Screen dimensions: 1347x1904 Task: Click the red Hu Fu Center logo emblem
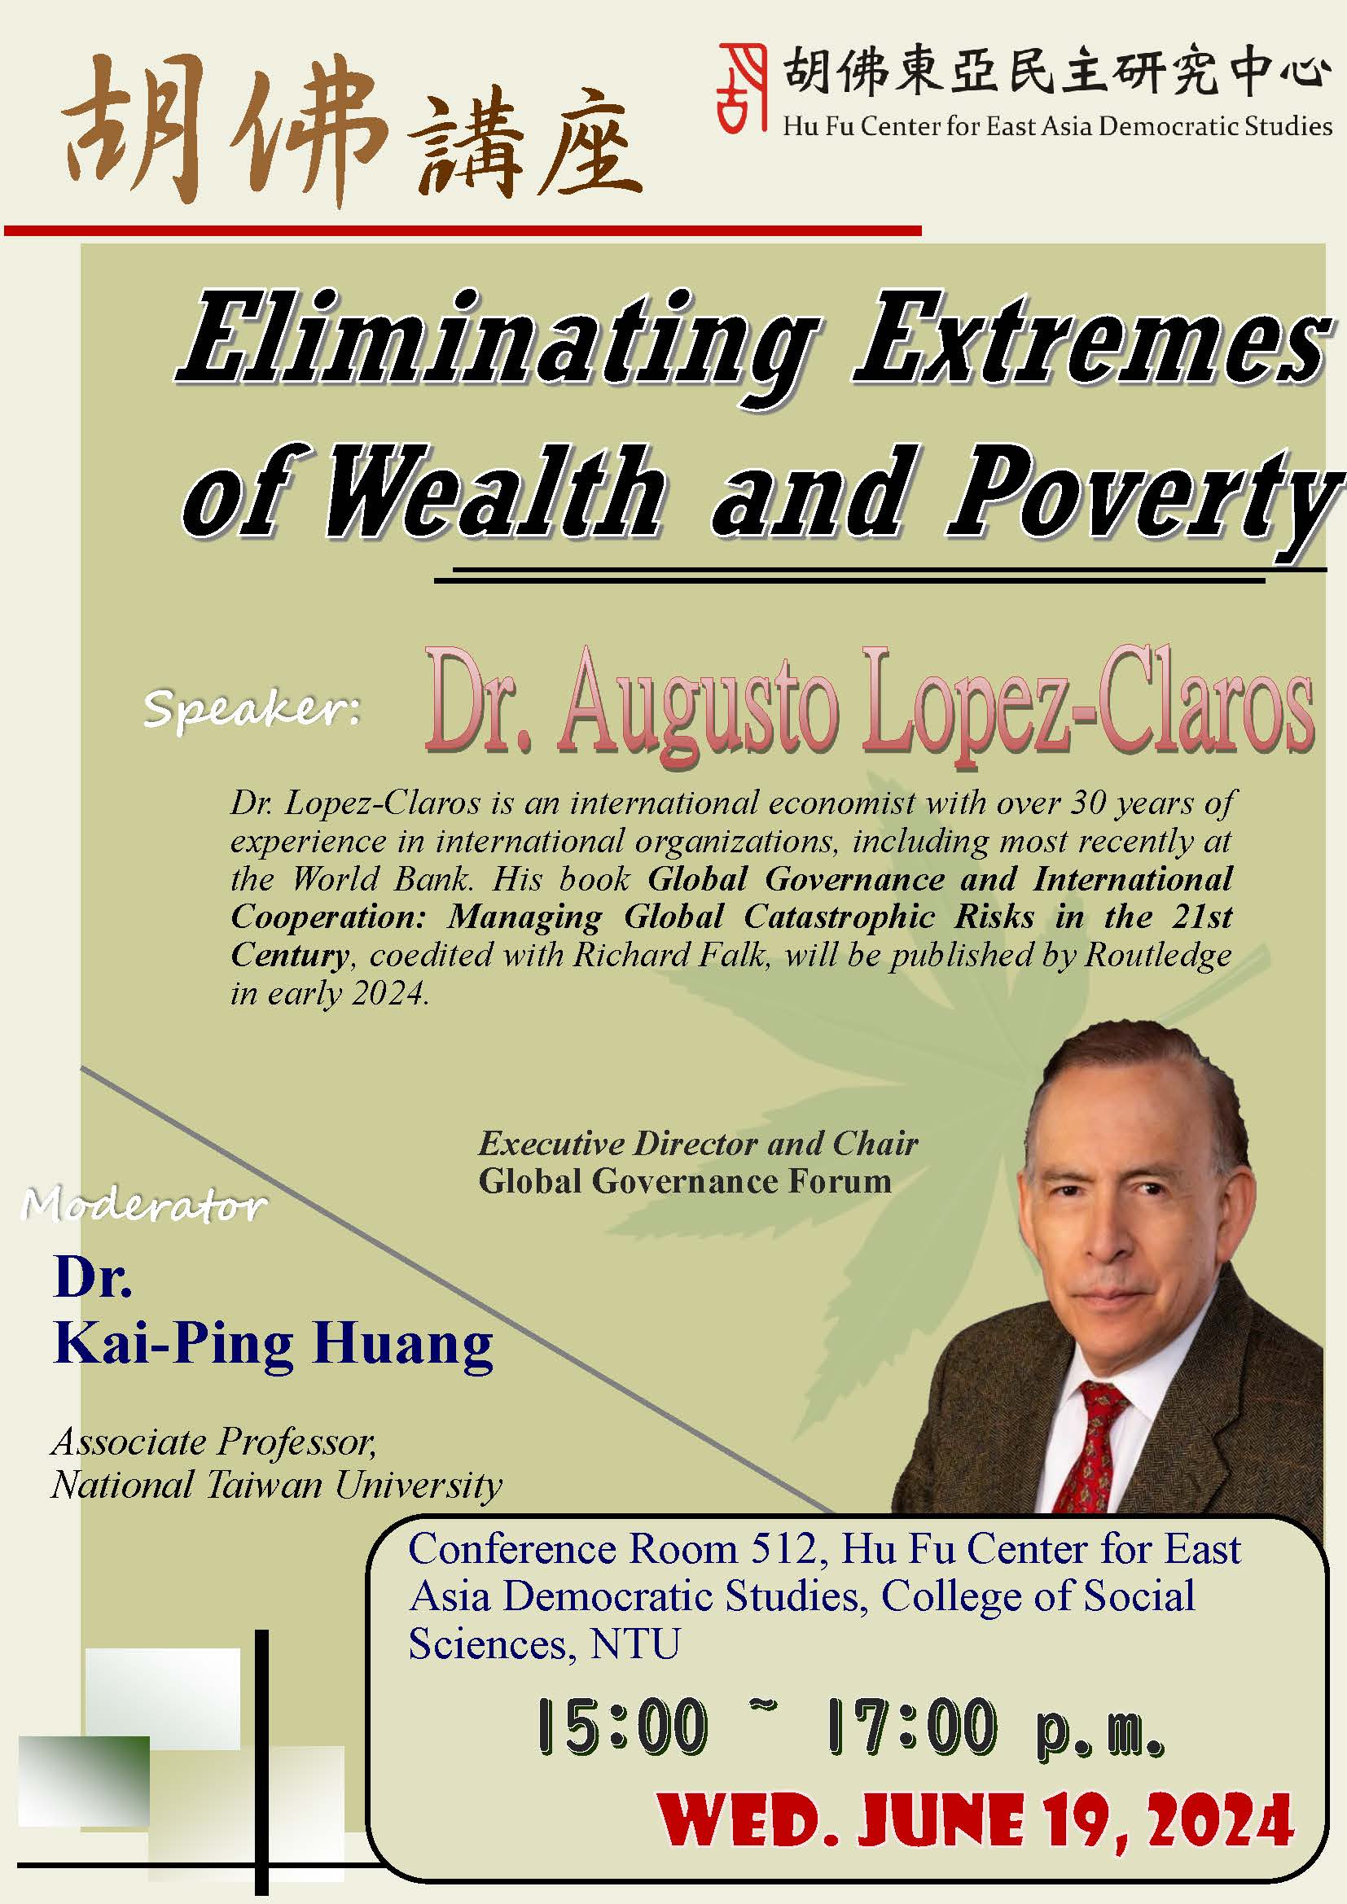(743, 87)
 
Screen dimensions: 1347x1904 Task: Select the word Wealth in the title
(494, 492)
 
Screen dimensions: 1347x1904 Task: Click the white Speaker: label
(252, 711)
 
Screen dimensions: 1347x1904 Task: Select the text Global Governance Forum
(685, 1181)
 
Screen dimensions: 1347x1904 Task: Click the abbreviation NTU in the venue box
(634, 1644)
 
